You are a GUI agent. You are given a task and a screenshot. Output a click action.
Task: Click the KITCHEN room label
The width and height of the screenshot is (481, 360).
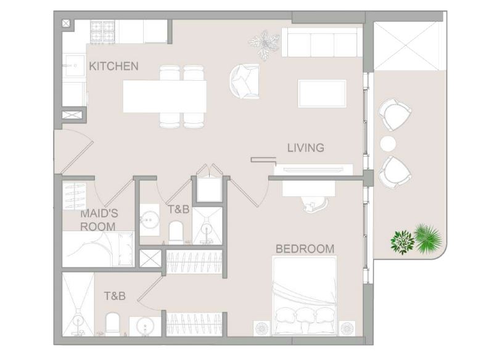coord(113,66)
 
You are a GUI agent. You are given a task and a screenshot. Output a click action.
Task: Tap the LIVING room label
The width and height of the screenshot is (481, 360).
coord(305,148)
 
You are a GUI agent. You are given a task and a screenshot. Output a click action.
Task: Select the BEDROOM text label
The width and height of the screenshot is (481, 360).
coord(305,248)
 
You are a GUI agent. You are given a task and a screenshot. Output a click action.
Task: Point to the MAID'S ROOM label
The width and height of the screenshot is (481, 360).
coord(99,220)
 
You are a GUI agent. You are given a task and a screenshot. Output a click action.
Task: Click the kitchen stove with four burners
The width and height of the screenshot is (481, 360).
coord(102,31)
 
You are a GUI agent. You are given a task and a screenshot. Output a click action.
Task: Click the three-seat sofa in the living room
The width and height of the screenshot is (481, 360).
coord(322,43)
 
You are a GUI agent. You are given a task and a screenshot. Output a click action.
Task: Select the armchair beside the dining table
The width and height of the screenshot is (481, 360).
coord(244,81)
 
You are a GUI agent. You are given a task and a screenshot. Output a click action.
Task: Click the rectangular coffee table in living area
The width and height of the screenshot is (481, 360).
coord(322,94)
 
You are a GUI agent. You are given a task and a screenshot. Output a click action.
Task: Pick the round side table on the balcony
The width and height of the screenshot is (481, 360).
coord(388,144)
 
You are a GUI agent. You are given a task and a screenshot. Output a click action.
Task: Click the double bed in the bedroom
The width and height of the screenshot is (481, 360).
coord(304,296)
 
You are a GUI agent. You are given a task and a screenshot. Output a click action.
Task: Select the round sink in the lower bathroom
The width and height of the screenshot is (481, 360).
coord(145,325)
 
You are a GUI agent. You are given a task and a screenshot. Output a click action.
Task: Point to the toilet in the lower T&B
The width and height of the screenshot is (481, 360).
coord(112,324)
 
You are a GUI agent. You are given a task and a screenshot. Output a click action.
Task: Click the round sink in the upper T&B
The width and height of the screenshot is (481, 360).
coord(150,219)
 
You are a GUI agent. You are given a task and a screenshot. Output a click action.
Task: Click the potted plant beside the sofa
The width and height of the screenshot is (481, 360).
coord(264,45)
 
